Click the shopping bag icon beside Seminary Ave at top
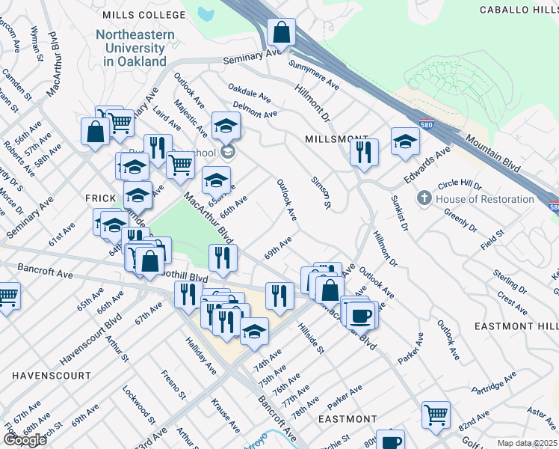(282, 33)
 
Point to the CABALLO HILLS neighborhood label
(516, 10)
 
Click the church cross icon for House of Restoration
(424, 198)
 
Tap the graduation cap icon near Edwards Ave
(405, 142)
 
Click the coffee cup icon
(361, 315)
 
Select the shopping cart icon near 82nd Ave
(436, 414)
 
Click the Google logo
(25, 440)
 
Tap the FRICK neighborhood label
(100, 198)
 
